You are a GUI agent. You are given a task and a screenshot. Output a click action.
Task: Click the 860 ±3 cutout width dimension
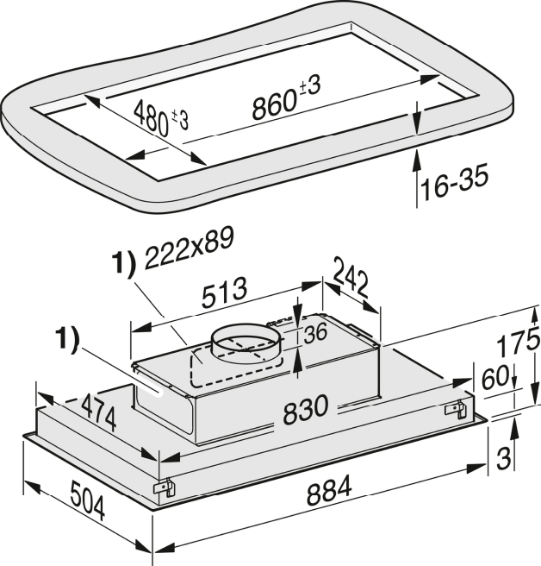point(286,97)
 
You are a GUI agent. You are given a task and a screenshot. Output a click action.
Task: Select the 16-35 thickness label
point(454,182)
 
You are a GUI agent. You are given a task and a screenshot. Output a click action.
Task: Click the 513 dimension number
point(224,292)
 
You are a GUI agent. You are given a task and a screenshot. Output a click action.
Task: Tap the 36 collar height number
point(315,333)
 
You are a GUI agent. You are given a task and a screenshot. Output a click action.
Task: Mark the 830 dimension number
point(306,409)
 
